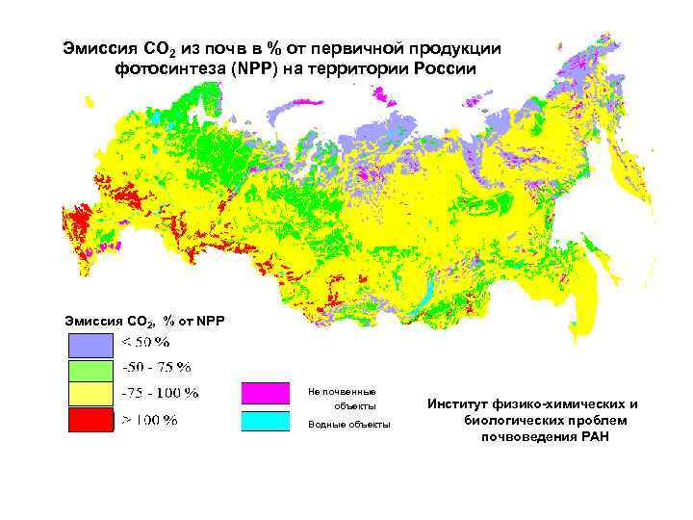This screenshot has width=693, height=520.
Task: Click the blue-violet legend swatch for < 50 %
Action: pyautogui.click(x=90, y=345)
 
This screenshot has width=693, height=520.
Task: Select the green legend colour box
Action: pyautogui.click(x=90, y=370)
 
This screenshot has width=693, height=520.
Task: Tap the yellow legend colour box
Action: pyautogui.click(x=90, y=395)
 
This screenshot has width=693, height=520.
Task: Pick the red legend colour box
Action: pyautogui.click(x=90, y=420)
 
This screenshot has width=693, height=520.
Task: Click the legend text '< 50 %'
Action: pyautogui.click(x=144, y=343)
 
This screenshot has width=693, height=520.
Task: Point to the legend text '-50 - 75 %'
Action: pyautogui.click(x=155, y=367)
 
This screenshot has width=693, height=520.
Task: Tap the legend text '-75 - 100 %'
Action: pyautogui.click(x=159, y=393)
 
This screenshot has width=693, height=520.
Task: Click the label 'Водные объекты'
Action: pyautogui.click(x=348, y=425)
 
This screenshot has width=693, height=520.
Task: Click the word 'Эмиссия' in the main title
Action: pyautogui.click(x=94, y=47)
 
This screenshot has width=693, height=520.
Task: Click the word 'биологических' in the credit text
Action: pyautogui.click(x=512, y=421)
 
